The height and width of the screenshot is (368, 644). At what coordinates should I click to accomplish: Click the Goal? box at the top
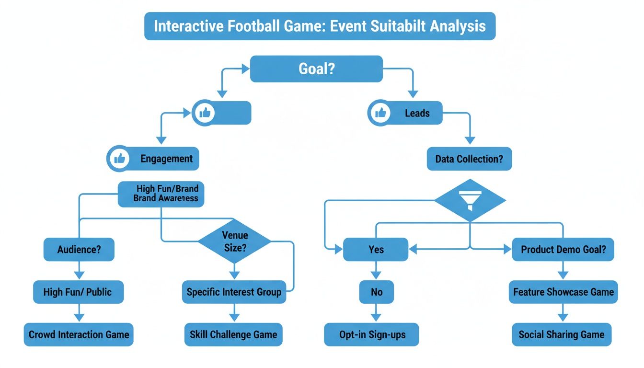[316, 69]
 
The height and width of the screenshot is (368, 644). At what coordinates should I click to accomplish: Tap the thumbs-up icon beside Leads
[381, 113]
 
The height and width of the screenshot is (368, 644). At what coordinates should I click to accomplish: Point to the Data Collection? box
[469, 159]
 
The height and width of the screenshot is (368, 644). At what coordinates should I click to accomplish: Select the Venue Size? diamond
[235, 241]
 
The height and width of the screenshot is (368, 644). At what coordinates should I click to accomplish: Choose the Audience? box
[79, 250]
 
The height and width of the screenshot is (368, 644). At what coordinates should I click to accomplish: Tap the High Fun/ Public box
[78, 292]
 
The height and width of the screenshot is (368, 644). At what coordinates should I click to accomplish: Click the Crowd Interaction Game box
[79, 334]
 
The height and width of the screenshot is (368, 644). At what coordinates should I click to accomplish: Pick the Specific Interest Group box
[234, 292]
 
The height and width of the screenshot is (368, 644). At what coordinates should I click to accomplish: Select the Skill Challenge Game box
[233, 334]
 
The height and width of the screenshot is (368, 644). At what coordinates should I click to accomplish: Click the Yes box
[376, 250]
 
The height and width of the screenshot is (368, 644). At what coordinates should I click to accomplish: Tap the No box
[376, 292]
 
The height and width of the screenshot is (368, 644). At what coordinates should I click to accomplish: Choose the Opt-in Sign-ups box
[371, 334]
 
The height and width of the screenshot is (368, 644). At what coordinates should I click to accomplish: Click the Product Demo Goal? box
[563, 250]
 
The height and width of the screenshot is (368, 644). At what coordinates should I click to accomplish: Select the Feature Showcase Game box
[563, 292]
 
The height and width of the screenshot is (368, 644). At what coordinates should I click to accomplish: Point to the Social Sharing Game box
[562, 334]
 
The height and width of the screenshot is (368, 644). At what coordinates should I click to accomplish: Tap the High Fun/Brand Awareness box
[161, 194]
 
